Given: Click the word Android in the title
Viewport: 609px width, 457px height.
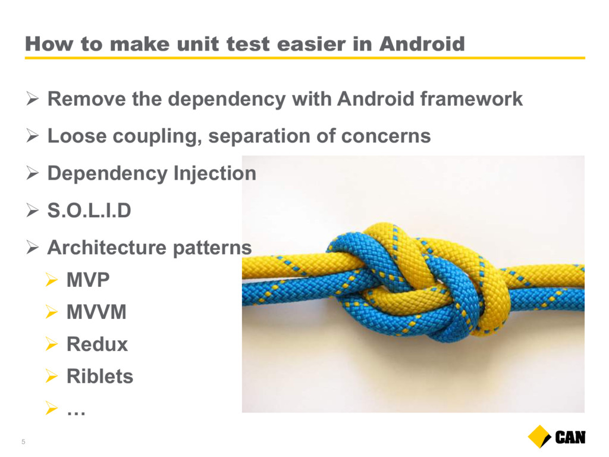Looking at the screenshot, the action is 422,43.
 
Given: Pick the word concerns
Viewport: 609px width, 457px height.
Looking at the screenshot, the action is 385,136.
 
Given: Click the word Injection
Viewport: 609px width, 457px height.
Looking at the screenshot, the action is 215,173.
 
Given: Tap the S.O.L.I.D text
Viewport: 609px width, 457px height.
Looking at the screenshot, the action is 89,210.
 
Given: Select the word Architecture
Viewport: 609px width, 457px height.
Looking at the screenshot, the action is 106,247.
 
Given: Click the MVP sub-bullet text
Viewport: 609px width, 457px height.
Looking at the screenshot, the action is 88,280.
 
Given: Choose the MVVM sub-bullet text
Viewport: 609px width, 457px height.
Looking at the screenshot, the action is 96,312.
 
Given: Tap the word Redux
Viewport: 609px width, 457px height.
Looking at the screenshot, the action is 97,345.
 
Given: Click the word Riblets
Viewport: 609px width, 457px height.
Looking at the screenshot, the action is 100,376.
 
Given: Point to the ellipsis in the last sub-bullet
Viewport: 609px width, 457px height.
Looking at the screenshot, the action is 76,413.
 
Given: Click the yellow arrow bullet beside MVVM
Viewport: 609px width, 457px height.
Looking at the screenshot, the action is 51,312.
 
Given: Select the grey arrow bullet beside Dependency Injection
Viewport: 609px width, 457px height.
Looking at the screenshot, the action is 33,173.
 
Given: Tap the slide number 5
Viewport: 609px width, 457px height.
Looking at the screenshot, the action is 23,442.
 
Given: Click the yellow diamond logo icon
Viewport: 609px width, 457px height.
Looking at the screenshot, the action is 539,437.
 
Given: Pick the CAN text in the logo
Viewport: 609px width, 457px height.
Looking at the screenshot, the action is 570,437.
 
